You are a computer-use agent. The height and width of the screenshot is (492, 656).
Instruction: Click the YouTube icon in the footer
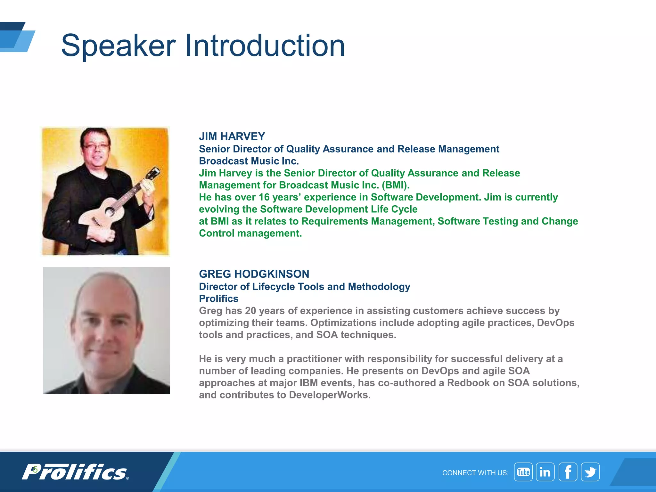click(523, 472)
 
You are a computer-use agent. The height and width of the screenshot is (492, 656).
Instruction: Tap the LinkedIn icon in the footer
click(545, 472)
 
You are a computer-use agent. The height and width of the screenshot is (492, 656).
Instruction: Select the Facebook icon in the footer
click(568, 472)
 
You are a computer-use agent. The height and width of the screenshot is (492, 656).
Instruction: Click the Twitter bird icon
click(590, 472)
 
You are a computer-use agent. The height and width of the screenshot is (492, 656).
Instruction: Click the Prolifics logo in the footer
click(75, 472)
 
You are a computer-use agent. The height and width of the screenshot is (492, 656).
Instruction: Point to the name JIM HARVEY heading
click(232, 136)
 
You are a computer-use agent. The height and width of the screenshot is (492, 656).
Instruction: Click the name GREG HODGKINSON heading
click(254, 274)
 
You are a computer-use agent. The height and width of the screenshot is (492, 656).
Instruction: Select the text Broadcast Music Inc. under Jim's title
click(249, 161)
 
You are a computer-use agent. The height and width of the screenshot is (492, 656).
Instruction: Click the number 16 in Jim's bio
click(264, 197)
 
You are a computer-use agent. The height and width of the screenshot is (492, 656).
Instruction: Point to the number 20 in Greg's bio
click(250, 311)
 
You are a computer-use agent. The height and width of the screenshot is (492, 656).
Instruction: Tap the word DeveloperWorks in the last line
click(330, 395)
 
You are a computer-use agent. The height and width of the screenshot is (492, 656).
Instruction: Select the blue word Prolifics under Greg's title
click(218, 299)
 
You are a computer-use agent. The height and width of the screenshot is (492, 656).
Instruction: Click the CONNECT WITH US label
click(475, 473)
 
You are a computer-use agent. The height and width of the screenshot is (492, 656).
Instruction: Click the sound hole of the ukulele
click(109, 211)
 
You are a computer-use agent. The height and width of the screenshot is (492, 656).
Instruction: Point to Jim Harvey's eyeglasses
click(96, 146)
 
